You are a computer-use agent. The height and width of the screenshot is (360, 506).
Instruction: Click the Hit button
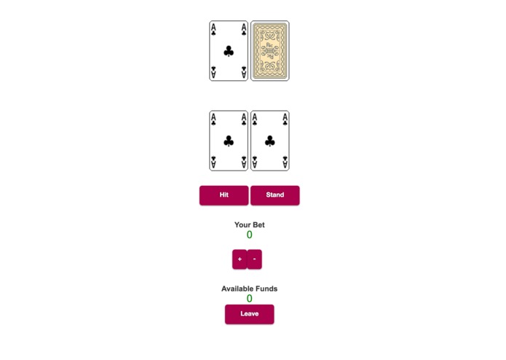224,195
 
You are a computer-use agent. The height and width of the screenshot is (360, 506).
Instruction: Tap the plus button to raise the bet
240,259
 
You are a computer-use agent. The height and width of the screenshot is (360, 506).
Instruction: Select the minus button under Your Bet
254,259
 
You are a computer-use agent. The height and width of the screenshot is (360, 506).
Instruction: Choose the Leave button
249,314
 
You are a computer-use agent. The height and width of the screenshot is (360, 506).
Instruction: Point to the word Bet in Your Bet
258,225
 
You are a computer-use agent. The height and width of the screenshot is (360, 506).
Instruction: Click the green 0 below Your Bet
250,235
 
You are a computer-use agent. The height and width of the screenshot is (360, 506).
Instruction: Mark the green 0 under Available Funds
250,299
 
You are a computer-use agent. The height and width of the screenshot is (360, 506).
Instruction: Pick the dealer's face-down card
270,50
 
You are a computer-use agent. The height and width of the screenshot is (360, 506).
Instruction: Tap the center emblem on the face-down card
270,50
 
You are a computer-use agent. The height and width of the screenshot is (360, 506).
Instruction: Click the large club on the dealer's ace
229,51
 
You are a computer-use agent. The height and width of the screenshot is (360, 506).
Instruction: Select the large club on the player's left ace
229,141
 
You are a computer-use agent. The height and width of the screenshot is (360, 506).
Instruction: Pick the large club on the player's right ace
270,141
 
